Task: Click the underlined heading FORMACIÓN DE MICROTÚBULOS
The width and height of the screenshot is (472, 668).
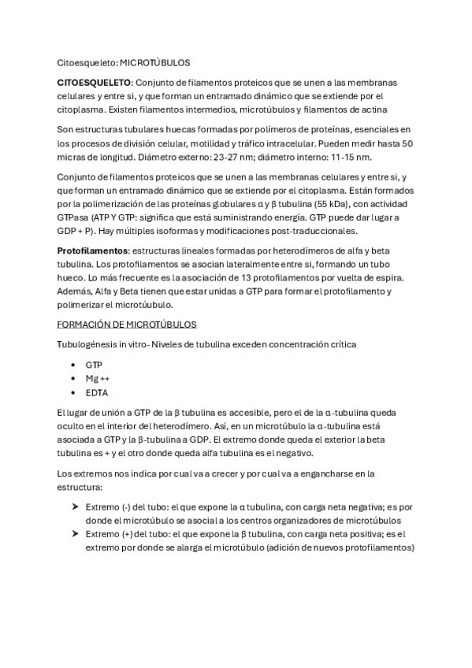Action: tap(127, 325)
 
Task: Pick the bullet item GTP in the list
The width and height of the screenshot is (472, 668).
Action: tap(95, 366)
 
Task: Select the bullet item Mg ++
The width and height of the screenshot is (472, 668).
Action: tap(98, 379)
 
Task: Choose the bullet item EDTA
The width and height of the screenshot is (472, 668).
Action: tap(97, 392)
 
